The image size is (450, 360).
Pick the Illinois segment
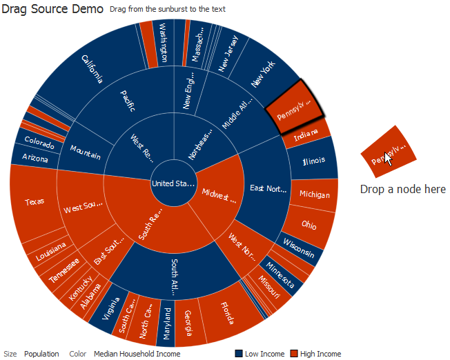[314, 161]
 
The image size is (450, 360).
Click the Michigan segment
[315, 195]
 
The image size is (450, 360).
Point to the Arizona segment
[35, 159]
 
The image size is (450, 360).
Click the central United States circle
[173, 183]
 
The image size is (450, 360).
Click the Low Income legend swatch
[239, 354]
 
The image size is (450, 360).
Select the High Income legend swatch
[294, 354]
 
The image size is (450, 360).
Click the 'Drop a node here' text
[402, 189]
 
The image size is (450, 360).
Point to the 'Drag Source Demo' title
[52, 9]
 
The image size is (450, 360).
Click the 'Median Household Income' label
[137, 354]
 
